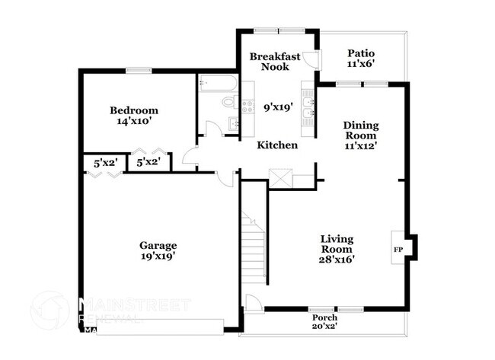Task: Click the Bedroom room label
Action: coord(133,110)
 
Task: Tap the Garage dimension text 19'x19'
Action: coord(158,256)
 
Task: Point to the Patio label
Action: coord(360,53)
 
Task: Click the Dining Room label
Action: coord(360,130)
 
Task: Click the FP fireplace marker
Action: coord(398,249)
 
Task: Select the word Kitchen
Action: coord(276,145)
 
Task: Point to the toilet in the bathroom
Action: coord(229,102)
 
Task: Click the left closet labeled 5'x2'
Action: coord(103,162)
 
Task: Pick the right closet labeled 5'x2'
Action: coord(147,162)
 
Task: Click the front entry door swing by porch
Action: coord(252,302)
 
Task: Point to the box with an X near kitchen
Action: coord(280,180)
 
